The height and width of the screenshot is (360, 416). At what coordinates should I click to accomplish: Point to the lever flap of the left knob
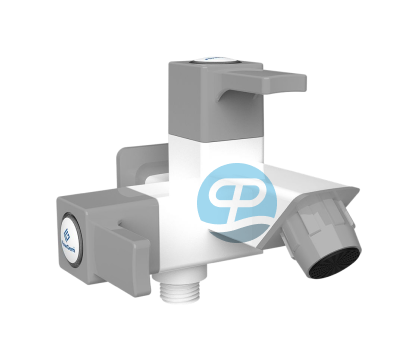(129, 245)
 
